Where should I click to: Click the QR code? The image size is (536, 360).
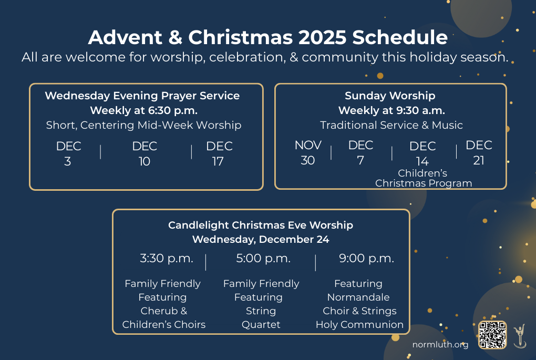pyautogui.click(x=492, y=335)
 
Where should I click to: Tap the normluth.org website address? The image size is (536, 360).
pyautogui.click(x=440, y=345)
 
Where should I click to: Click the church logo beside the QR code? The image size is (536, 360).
pyautogui.click(x=520, y=336)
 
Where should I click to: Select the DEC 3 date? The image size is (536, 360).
pyautogui.click(x=68, y=153)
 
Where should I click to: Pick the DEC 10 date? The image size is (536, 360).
pyautogui.click(x=145, y=153)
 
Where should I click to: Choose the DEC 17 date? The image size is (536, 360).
pyautogui.click(x=219, y=153)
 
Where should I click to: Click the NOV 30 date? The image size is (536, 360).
pyautogui.click(x=308, y=152)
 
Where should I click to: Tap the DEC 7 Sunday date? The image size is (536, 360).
pyautogui.click(x=360, y=152)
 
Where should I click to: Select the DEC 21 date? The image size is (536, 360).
pyautogui.click(x=479, y=152)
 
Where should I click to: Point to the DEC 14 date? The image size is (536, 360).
pyautogui.click(x=422, y=153)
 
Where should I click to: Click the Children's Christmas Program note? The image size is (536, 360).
pyautogui.click(x=424, y=178)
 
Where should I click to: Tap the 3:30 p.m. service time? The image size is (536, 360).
pyautogui.click(x=167, y=259)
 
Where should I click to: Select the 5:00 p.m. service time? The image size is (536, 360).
pyautogui.click(x=263, y=259)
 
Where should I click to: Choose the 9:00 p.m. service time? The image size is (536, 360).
pyautogui.click(x=366, y=259)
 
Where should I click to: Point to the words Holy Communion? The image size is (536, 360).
pyautogui.click(x=359, y=324)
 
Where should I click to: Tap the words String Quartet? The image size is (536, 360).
pyautogui.click(x=261, y=317)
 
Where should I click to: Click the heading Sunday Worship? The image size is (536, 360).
pyautogui.click(x=390, y=96)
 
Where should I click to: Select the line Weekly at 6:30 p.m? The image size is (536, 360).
pyautogui.click(x=144, y=110)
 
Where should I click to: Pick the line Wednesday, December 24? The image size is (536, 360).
pyautogui.click(x=261, y=239)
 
